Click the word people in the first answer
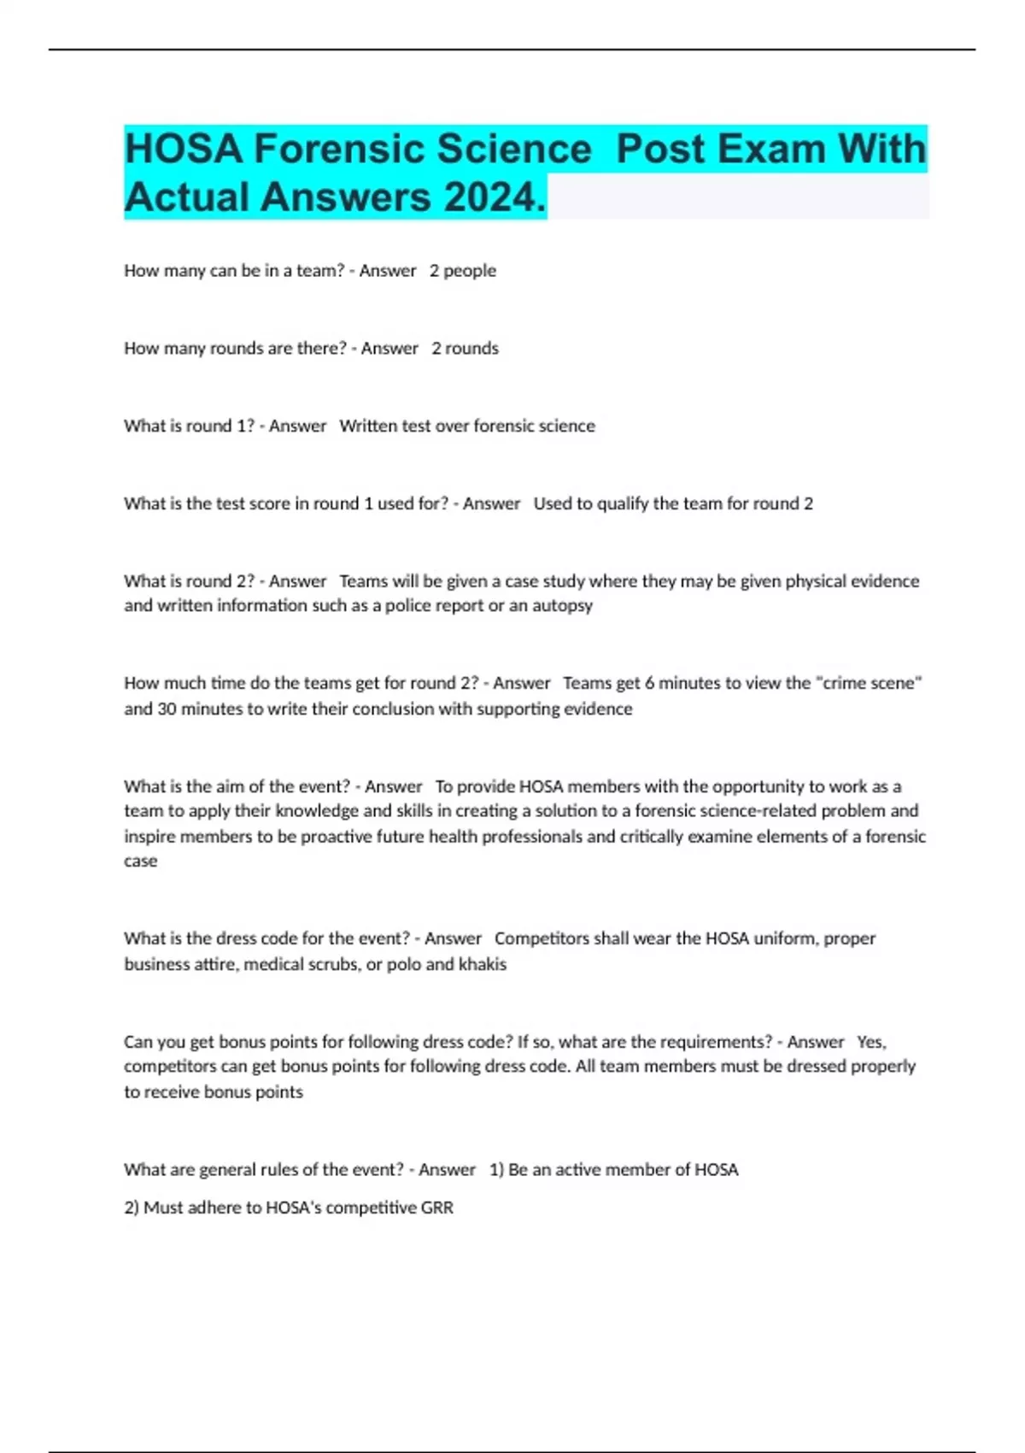pyautogui.click(x=469, y=271)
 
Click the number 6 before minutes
pyautogui.click(x=649, y=683)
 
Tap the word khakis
pyautogui.click(x=483, y=964)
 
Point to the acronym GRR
pyautogui.click(x=436, y=1208)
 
